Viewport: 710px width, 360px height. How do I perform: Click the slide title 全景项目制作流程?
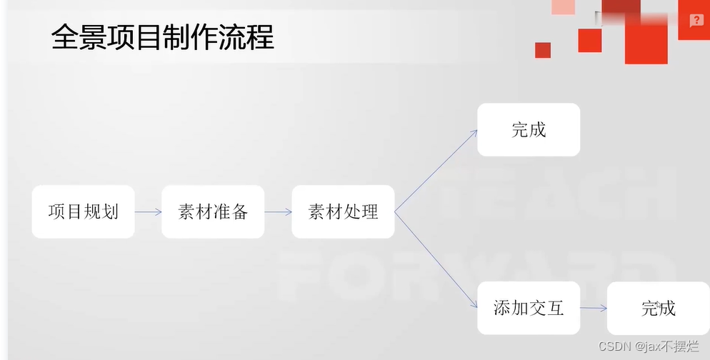click(163, 37)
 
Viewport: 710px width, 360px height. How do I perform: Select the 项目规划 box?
click(83, 212)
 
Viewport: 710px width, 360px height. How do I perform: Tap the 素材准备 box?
click(213, 212)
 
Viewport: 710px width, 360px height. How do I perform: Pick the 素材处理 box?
click(343, 212)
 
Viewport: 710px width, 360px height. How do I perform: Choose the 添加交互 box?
click(529, 308)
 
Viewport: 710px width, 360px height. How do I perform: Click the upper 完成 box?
click(529, 130)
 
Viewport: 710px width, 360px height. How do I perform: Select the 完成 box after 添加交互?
click(658, 308)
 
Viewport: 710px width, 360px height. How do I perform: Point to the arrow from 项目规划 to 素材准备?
click(148, 212)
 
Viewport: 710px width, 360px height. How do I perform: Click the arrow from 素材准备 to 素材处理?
click(278, 212)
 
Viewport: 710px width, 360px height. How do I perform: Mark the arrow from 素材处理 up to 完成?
click(436, 171)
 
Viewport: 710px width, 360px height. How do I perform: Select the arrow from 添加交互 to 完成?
click(594, 308)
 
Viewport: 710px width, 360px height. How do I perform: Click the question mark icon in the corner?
click(696, 21)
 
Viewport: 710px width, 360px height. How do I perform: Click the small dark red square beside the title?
click(543, 50)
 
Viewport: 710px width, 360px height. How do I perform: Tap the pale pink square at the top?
click(564, 6)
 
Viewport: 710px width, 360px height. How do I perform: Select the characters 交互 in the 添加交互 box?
click(546, 308)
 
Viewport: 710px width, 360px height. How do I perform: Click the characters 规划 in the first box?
click(101, 212)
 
